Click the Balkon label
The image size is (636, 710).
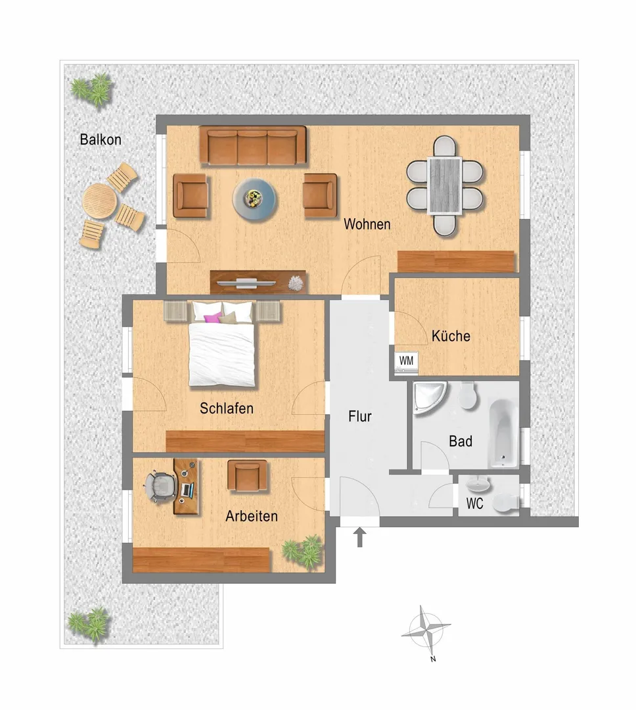pos(101,139)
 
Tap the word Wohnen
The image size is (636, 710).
pos(367,224)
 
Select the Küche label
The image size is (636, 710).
pos(451,336)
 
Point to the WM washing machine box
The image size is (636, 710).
pos(407,362)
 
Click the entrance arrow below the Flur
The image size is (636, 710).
pos(360,537)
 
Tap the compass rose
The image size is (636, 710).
pos(426,629)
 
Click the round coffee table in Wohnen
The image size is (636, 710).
pos(254,199)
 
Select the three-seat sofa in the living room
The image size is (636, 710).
pos(253,146)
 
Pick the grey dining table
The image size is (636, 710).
pos(445,185)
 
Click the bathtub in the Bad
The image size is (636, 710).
pos(503,433)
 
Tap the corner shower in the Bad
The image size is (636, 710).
pos(429,397)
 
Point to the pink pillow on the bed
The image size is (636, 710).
pos(213,318)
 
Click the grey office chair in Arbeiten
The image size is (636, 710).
pos(160,486)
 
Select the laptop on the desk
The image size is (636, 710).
pos(187,490)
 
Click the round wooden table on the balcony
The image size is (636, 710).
pos(99,201)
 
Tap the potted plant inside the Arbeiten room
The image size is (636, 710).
pos(304,551)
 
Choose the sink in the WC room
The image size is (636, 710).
pos(478,484)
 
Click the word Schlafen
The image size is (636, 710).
pos(226,408)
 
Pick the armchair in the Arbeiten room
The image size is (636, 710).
pos(247,476)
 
